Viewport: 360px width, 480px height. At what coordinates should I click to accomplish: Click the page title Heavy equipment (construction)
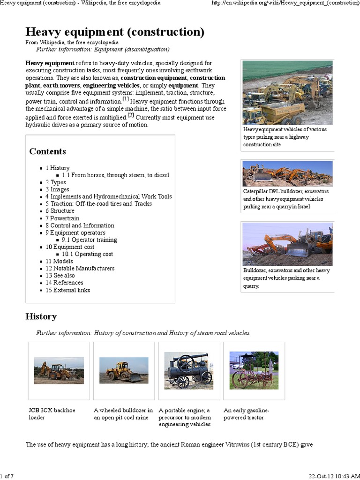click(x=115, y=32)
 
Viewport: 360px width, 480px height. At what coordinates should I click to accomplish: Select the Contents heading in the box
click(x=47, y=151)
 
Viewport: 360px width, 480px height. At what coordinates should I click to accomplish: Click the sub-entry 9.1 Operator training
click(x=89, y=240)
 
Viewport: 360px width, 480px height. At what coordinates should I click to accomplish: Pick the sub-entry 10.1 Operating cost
click(x=87, y=254)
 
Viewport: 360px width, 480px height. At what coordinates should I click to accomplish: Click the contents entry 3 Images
click(x=57, y=189)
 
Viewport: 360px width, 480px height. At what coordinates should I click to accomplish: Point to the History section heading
click(x=41, y=316)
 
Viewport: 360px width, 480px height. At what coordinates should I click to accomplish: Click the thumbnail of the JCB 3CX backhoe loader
click(x=59, y=370)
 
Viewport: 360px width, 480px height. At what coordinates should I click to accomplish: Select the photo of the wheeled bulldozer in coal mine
click(x=124, y=370)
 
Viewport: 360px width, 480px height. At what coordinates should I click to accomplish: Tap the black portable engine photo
click(x=189, y=370)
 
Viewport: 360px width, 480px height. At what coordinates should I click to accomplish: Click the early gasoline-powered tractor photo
click(x=254, y=370)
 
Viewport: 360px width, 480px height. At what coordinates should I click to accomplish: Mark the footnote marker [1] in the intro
click(x=126, y=99)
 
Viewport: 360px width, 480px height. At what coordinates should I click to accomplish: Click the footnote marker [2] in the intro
click(x=131, y=115)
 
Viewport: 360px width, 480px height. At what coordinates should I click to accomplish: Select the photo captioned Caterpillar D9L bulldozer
click(x=287, y=173)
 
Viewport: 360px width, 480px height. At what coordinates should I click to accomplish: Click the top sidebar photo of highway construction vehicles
click(x=287, y=92)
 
